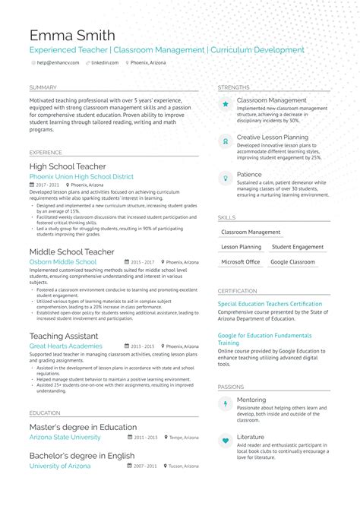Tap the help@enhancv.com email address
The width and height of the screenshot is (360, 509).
click(58, 63)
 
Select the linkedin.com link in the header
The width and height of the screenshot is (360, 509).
click(104, 63)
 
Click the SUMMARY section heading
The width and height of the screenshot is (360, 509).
click(43, 87)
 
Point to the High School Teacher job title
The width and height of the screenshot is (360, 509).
click(68, 166)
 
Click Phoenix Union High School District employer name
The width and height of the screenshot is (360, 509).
click(81, 176)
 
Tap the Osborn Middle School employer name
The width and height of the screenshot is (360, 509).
click(63, 261)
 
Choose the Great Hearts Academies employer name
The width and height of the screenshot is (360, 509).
click(65, 346)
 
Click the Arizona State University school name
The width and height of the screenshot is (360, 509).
click(65, 438)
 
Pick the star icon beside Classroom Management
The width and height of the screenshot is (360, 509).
click(226, 104)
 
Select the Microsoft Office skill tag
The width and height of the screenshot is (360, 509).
click(240, 261)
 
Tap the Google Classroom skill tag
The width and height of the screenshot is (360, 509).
click(292, 261)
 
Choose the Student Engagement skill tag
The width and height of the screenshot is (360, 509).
click(298, 247)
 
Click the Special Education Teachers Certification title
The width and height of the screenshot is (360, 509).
click(270, 304)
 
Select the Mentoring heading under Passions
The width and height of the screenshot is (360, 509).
click(251, 399)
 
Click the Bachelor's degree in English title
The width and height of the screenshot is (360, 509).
click(82, 456)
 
